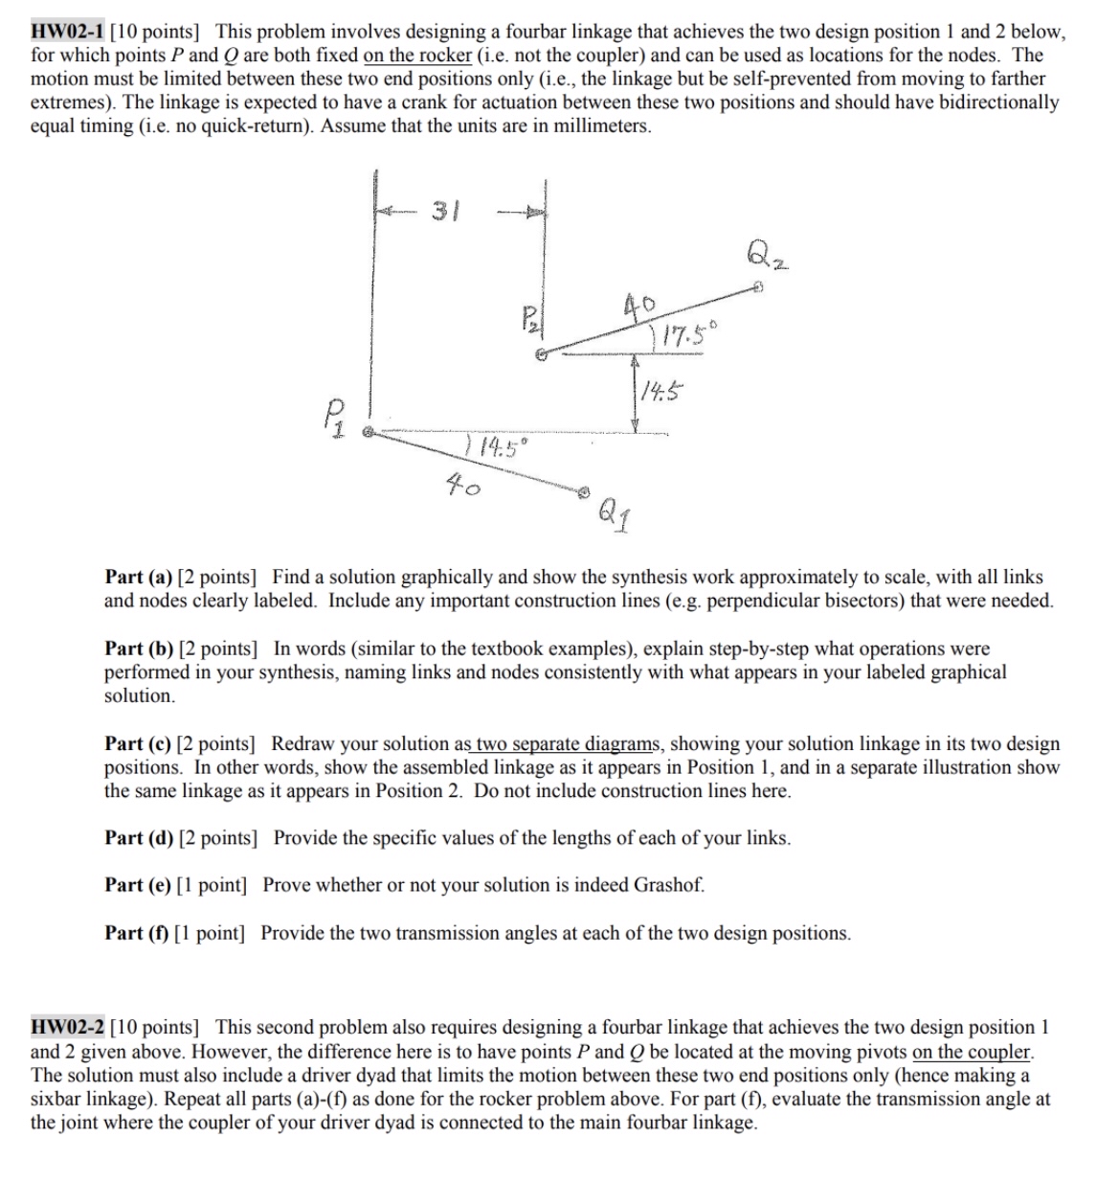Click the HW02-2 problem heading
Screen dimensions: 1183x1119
pyautogui.click(x=68, y=1028)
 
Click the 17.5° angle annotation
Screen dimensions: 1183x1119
pyautogui.click(x=683, y=336)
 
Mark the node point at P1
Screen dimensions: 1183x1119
pyautogui.click(x=365, y=434)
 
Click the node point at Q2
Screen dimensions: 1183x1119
pyautogui.click(x=757, y=286)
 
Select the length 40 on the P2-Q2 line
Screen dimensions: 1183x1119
pyautogui.click(x=638, y=307)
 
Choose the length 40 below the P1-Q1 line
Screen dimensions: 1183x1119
pyautogui.click(x=464, y=487)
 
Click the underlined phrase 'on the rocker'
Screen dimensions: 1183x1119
pyautogui.click(x=417, y=56)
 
